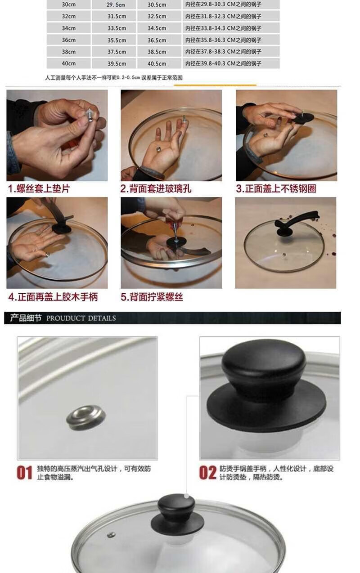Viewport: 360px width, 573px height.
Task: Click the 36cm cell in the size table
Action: (68, 40)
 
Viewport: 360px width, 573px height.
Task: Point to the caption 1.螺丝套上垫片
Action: (39, 189)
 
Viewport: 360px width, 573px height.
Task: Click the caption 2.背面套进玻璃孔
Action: (156, 189)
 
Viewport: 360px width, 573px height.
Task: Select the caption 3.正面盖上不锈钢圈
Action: (276, 189)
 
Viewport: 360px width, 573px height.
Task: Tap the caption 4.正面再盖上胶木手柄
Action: (53, 297)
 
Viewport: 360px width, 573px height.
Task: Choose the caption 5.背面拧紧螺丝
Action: (152, 297)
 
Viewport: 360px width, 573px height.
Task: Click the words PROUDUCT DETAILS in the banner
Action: (81, 318)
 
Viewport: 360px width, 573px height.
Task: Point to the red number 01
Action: (25, 473)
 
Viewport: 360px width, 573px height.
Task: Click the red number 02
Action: (208, 473)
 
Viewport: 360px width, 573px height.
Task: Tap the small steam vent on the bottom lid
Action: (111, 535)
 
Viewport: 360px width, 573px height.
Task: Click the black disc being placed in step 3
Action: (303, 118)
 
